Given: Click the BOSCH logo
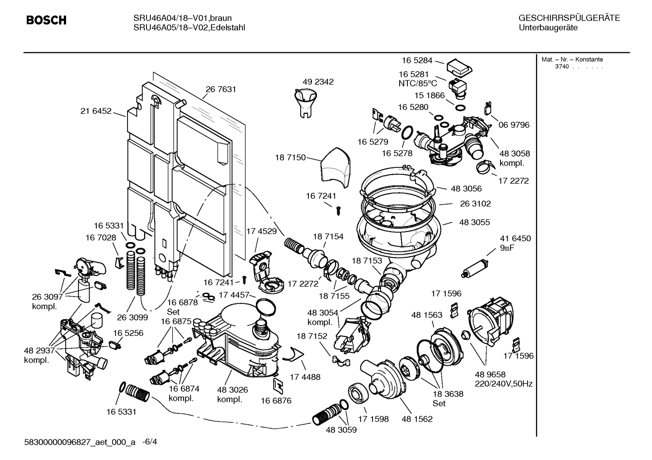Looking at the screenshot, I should pyautogui.click(x=46, y=20).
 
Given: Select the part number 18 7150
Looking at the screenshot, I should pyautogui.click(x=290, y=158).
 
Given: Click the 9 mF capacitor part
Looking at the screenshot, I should pyautogui.click(x=475, y=267).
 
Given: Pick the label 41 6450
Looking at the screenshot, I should pyautogui.click(x=515, y=238).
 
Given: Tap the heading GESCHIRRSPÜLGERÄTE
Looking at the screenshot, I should pyautogui.click(x=569, y=18).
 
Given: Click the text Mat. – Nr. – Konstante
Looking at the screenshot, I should pyautogui.click(x=572, y=60).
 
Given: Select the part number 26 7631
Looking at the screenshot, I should pyautogui.click(x=221, y=89).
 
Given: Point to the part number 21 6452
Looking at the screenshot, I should pyautogui.click(x=96, y=111).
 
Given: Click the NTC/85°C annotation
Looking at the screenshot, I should pyautogui.click(x=418, y=84).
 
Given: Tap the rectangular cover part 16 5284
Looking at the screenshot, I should pyautogui.click(x=458, y=67).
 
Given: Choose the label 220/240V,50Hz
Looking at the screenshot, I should pyautogui.click(x=503, y=384).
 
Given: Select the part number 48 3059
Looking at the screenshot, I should pyautogui.click(x=341, y=430).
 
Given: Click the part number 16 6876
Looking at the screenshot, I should pyautogui.click(x=276, y=400).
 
